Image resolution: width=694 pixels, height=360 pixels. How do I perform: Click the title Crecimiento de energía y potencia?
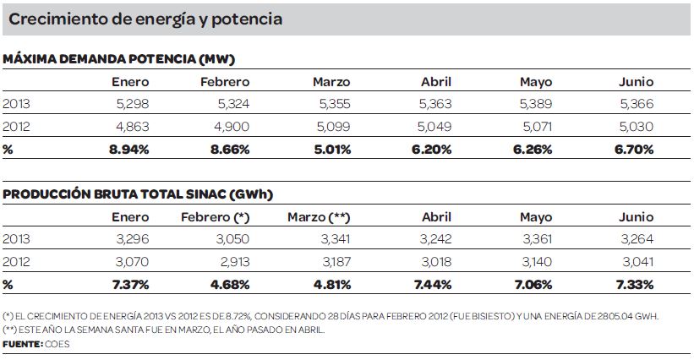[145, 18]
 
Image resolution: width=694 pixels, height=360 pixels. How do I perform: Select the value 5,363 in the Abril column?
[434, 104]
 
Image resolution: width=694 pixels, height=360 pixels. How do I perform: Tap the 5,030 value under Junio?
[635, 127]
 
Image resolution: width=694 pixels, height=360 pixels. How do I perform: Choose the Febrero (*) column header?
[215, 216]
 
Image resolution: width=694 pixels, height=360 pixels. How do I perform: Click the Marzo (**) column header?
[319, 216]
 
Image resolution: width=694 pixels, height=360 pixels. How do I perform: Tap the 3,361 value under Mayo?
[534, 239]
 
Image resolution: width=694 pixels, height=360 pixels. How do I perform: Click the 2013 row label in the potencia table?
[16, 104]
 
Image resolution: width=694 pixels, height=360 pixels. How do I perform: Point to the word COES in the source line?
[57, 345]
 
